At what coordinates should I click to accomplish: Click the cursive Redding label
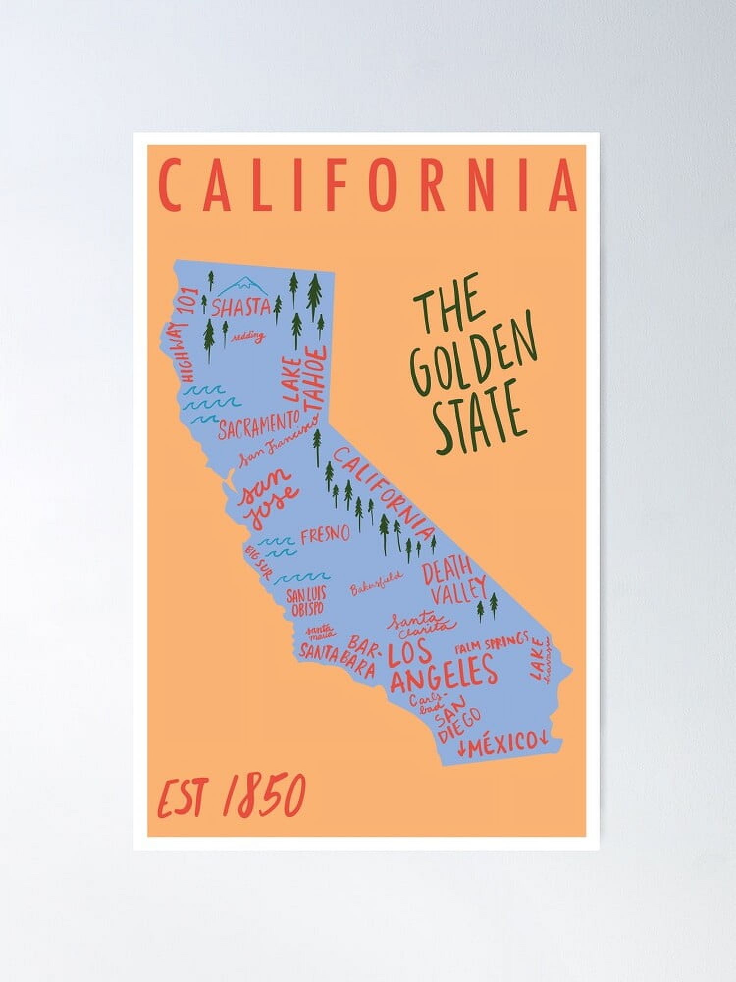pyautogui.click(x=248, y=337)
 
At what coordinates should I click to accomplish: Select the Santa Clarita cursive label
pyautogui.click(x=421, y=622)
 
